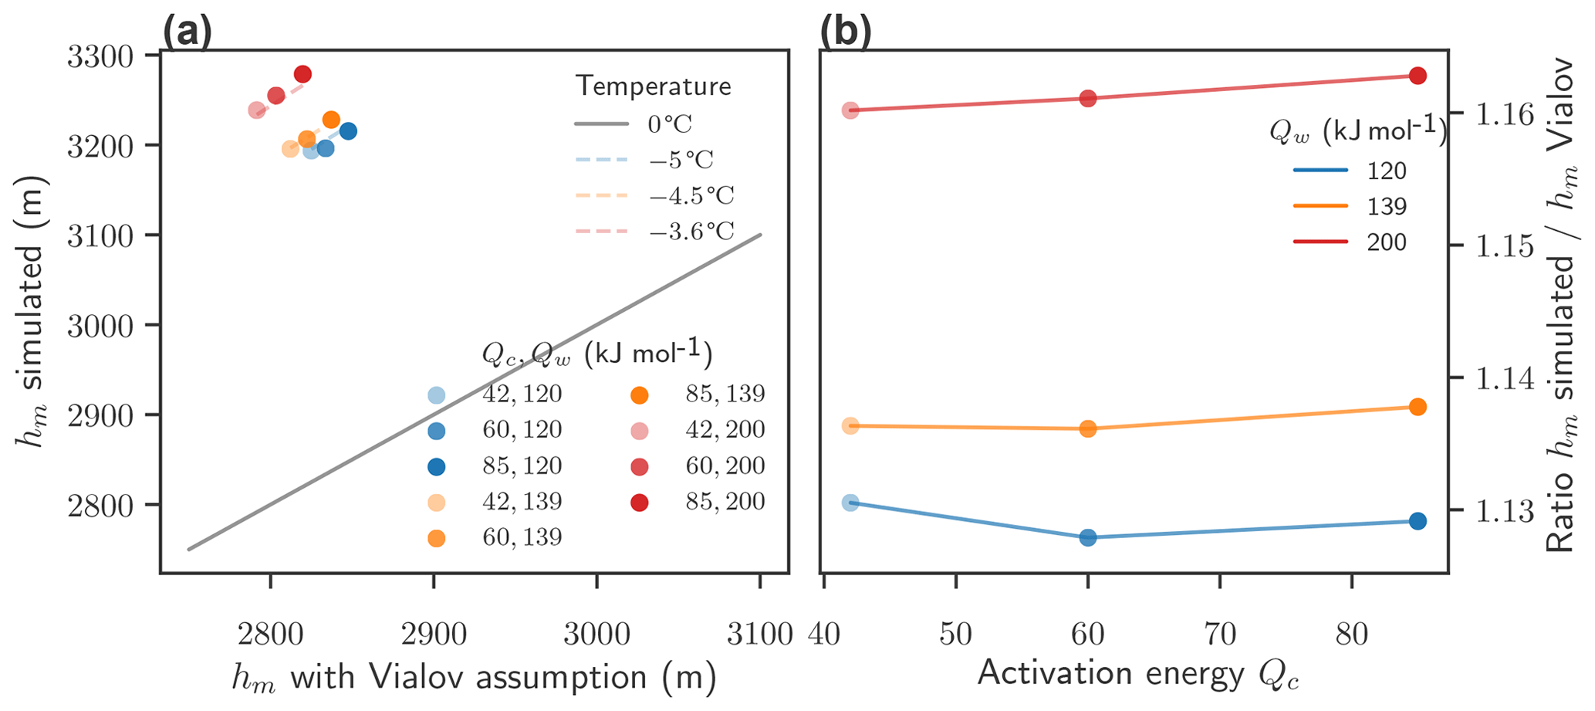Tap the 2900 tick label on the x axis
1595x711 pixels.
[433, 635]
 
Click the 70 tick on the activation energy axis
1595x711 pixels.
[1220, 635]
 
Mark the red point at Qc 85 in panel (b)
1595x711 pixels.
[1418, 76]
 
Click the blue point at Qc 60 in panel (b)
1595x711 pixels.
[1088, 537]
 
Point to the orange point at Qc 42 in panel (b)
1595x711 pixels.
[850, 425]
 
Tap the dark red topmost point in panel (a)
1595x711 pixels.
[302, 74]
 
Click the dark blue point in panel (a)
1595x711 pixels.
[348, 131]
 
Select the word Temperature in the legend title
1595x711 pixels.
[653, 86]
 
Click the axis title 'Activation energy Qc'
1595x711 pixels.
[1138, 675]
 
